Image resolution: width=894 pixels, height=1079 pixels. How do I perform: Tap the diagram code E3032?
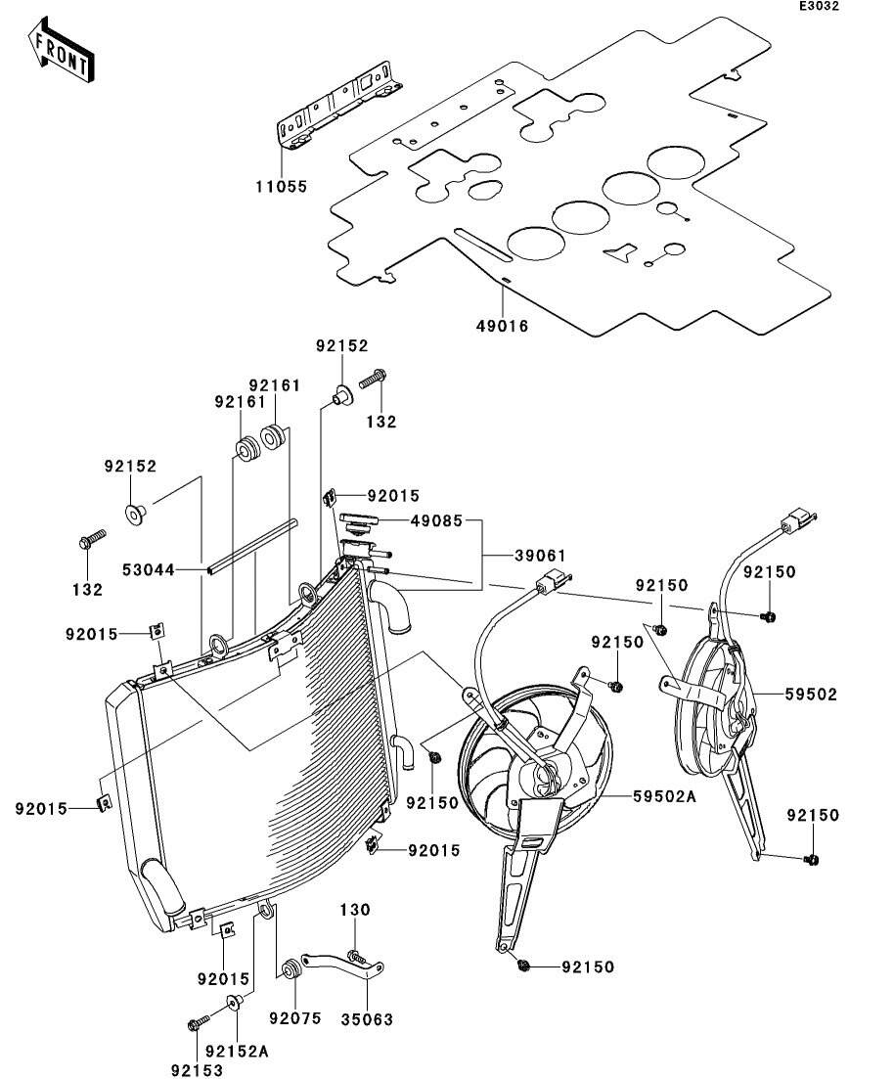pyautogui.click(x=818, y=7)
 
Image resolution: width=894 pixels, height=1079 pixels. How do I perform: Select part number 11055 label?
pyautogui.click(x=281, y=185)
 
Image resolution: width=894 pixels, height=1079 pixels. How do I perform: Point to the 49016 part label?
pyautogui.click(x=503, y=326)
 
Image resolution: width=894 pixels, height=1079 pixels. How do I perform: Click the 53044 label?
pyautogui.click(x=149, y=568)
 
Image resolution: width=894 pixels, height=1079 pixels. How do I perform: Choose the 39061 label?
pyautogui.click(x=540, y=555)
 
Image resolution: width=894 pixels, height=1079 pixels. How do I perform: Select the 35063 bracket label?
pyautogui.click(x=367, y=1019)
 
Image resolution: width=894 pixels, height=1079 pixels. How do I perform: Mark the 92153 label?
pyautogui.click(x=197, y=1071)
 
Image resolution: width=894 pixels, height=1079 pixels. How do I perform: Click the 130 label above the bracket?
pyautogui.click(x=355, y=910)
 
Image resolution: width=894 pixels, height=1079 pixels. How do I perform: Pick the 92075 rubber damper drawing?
pyautogui.click(x=291, y=971)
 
